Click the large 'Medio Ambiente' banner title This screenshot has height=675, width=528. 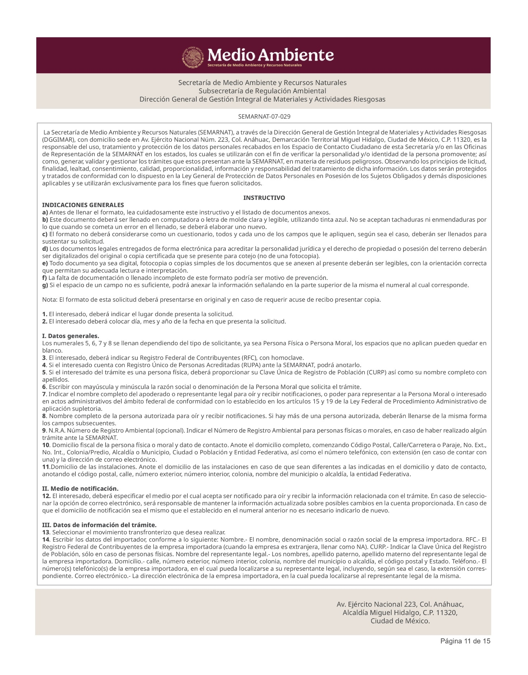[x=271, y=55]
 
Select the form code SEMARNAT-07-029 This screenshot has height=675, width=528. [x=264, y=117]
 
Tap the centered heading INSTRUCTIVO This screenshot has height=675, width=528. [x=264, y=198]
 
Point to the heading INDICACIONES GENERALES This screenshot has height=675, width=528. [x=83, y=205]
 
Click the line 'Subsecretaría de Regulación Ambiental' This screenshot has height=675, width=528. [x=262, y=91]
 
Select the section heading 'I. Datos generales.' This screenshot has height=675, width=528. [x=71, y=336]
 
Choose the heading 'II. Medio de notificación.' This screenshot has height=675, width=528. [x=80, y=489]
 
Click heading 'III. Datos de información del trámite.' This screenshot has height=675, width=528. [x=99, y=525]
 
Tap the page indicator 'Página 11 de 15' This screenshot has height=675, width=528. [x=465, y=641]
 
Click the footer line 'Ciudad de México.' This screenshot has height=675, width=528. [x=400, y=621]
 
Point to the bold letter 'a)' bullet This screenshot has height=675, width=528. [x=45, y=212]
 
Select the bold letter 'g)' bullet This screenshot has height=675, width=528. [x=45, y=285]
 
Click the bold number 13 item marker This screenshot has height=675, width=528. [x=46, y=532]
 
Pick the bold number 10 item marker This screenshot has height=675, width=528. [x=46, y=445]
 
